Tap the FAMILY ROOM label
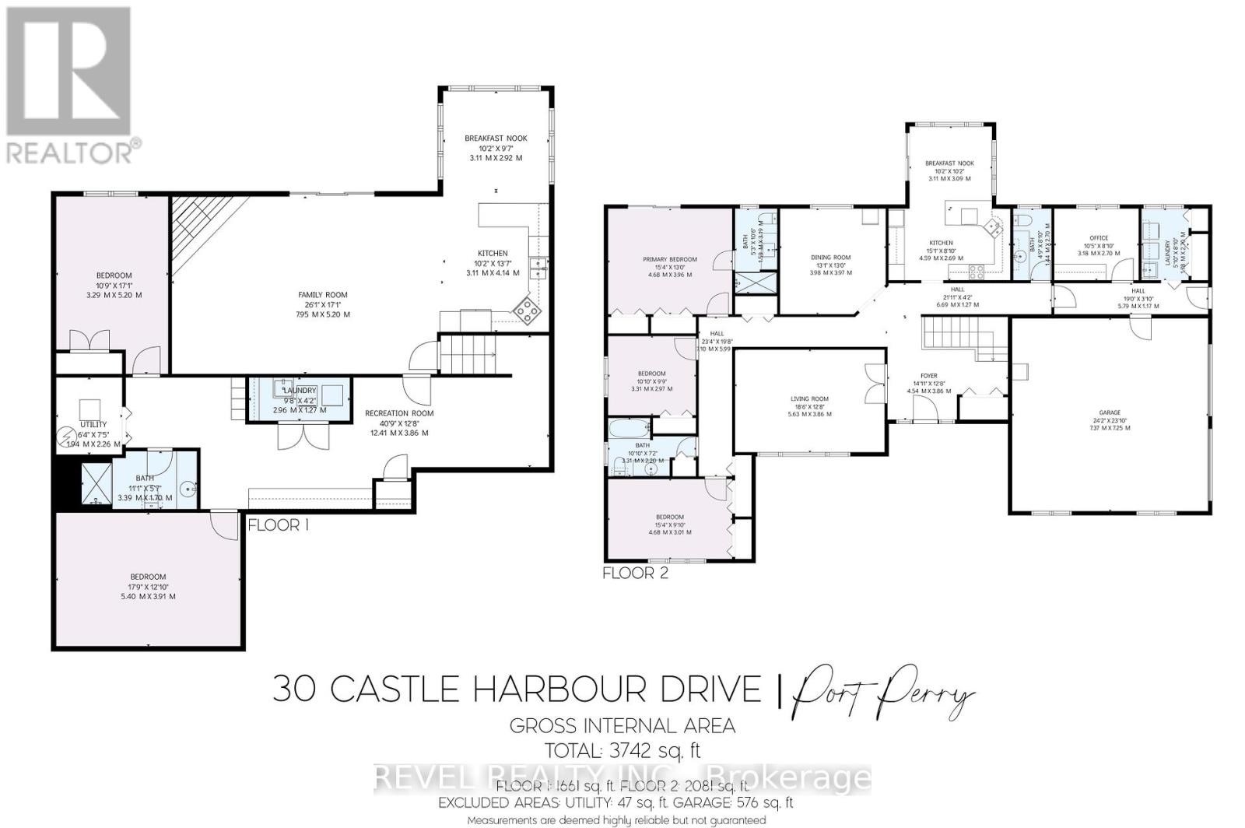coord(323,295)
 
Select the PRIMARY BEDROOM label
coord(669,259)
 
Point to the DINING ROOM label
coord(830,258)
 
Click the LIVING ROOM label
coord(809,399)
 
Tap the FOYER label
coord(928,376)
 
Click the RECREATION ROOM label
coord(399,413)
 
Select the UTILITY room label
coord(93,425)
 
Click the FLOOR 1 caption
coord(279,525)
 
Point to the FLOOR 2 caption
coord(636,574)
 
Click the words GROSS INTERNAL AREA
coord(622,726)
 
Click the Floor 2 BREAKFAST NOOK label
coord(949,163)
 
